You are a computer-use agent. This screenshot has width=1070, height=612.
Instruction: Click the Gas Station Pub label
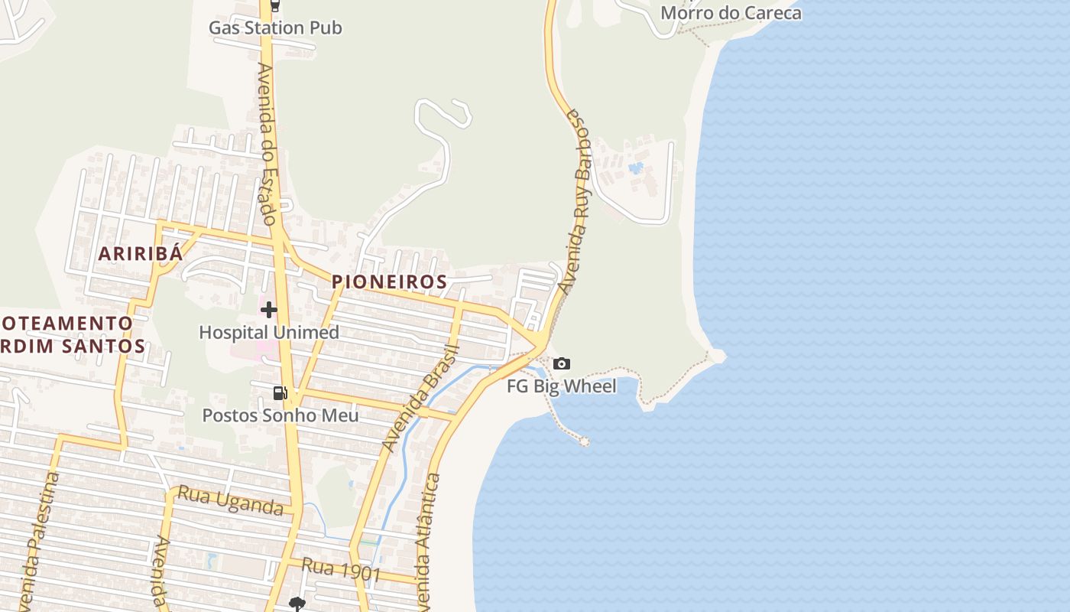click(275, 28)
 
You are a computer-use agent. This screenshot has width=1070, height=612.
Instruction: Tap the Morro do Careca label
click(731, 13)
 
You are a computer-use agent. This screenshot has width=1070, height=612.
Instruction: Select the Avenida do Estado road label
click(267, 144)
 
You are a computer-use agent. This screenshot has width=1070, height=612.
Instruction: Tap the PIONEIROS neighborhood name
click(389, 282)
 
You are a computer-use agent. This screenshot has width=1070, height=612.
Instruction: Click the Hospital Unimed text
click(269, 333)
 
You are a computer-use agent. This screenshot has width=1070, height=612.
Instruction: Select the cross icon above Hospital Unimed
click(268, 310)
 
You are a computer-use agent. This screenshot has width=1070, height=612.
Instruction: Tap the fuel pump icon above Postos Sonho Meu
click(280, 393)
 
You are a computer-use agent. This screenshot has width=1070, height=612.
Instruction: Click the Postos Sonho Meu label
click(280, 415)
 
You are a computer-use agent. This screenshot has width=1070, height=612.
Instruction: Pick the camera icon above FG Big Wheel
click(562, 363)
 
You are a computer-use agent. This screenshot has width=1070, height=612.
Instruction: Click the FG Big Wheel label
click(562, 386)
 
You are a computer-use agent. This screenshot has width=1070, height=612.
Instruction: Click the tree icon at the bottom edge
click(297, 604)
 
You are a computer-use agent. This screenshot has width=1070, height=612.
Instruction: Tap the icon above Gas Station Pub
click(275, 6)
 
